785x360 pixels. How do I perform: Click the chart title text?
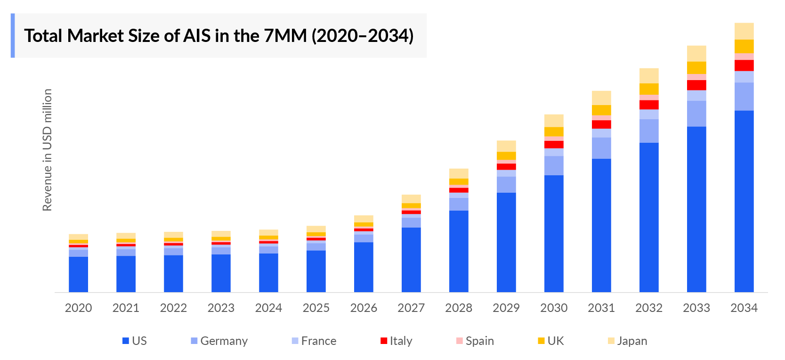point(219,36)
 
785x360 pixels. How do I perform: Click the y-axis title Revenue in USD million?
point(47,150)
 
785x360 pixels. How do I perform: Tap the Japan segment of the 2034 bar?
point(744,31)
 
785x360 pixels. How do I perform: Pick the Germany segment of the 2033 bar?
point(696,114)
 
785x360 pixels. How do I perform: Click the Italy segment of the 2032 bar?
point(648,105)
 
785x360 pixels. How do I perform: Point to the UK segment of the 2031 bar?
point(601,110)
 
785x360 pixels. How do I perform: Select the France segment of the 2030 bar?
point(553,152)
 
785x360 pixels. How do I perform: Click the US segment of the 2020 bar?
point(78,274)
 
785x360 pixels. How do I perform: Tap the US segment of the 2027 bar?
point(411,260)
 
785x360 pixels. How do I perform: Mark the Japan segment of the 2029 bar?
point(506,146)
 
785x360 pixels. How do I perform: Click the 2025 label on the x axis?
point(316,308)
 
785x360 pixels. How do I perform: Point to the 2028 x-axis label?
point(458,308)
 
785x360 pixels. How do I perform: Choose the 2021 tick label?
point(126,308)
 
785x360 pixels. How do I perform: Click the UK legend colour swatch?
point(541,341)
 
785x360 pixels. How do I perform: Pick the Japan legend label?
point(631,341)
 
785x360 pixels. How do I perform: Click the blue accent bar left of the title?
point(13,36)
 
